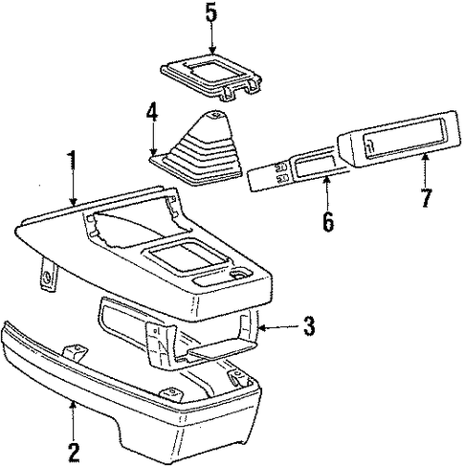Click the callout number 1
[x=73, y=161]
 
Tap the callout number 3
[x=308, y=325]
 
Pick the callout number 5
[x=211, y=12]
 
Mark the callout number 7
[x=426, y=197]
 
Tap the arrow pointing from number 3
[x=279, y=327]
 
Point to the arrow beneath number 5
[x=211, y=39]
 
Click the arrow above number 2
[x=74, y=420]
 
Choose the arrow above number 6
[x=326, y=194]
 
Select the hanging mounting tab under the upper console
[x=49, y=275]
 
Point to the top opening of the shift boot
[x=216, y=114]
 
